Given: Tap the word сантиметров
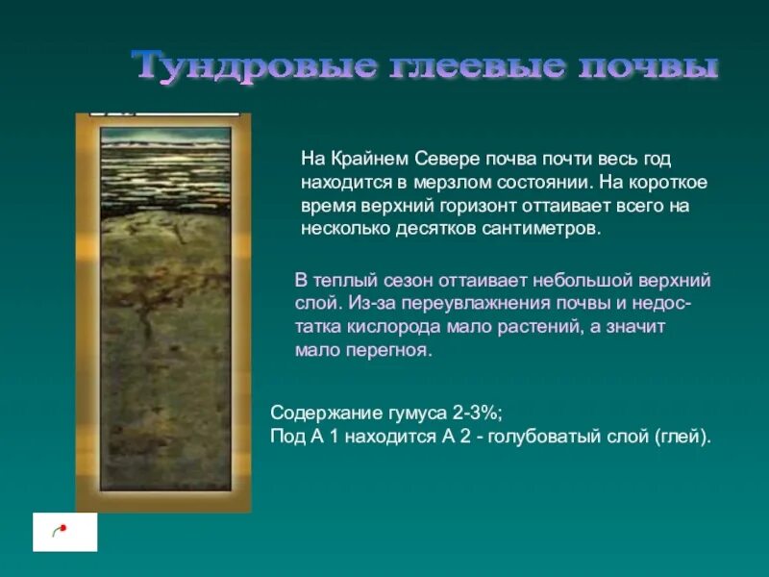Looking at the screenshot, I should coord(546,230).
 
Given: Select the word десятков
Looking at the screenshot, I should coord(434,230).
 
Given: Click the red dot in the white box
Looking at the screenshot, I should coord(62,528).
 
